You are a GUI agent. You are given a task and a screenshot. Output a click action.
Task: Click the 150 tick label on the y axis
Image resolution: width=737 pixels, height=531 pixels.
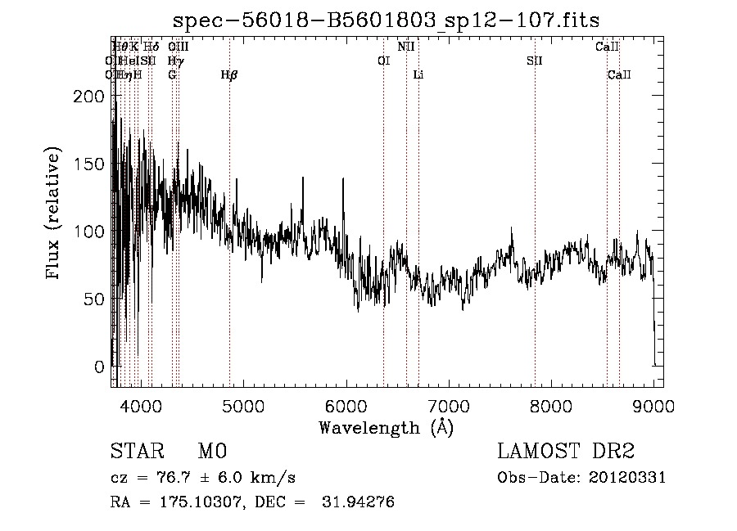tap(91, 164)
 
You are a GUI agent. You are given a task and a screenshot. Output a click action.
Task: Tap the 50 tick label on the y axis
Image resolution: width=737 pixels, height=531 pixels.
tap(96, 299)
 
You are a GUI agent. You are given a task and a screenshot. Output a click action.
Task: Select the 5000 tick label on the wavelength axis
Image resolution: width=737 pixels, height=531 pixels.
tap(242, 405)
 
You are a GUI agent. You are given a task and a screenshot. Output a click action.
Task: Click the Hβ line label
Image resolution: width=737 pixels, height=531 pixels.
tap(229, 75)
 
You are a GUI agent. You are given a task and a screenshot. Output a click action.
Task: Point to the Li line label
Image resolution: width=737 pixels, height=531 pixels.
tap(418, 75)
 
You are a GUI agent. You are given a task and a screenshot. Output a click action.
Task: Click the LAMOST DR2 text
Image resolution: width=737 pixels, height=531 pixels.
tap(567, 452)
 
